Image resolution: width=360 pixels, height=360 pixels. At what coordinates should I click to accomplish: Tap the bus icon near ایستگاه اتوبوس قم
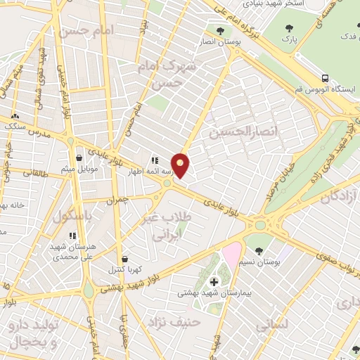click(324, 78)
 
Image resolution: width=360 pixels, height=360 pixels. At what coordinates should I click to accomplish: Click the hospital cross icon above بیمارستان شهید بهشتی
click(214, 282)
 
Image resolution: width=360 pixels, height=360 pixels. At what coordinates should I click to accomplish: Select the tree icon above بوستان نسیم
click(259, 250)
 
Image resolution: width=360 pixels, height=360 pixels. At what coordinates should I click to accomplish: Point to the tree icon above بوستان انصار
click(221, 30)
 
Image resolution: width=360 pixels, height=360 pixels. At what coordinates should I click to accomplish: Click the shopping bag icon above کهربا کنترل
click(124, 259)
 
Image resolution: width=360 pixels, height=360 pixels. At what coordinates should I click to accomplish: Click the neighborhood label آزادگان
click(339, 198)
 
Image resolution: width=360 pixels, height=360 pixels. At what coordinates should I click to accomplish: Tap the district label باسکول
click(71, 217)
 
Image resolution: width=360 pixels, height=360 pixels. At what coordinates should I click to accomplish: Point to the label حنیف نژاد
click(172, 321)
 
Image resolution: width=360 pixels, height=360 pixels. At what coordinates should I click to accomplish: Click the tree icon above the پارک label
click(288, 28)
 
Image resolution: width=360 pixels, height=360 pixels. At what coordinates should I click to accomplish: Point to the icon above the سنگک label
click(15, 117)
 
